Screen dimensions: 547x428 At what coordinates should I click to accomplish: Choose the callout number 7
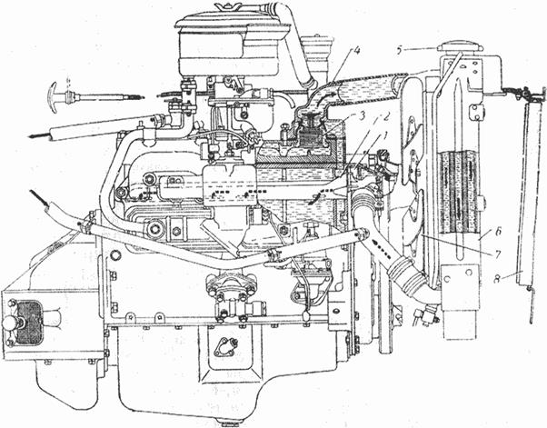[x=497, y=253]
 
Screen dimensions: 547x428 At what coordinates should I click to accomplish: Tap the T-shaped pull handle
[x=60, y=94]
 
